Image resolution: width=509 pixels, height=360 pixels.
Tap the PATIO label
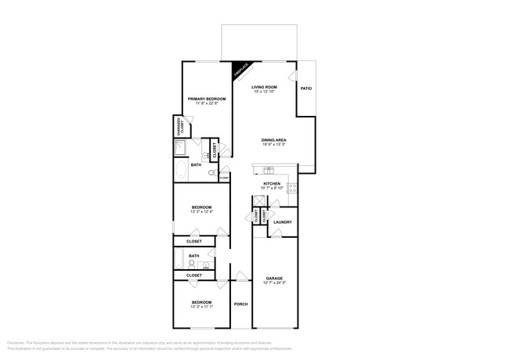[306, 88]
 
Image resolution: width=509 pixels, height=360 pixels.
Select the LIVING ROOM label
[265, 87]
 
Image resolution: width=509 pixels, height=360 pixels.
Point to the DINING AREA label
[273, 140]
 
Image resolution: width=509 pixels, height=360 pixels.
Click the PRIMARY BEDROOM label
[207, 99]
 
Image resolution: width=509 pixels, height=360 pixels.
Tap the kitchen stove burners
[292, 188]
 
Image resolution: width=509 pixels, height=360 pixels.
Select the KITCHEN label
[272, 184]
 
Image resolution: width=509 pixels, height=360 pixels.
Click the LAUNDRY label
[283, 222]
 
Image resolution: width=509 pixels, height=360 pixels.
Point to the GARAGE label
[273, 277]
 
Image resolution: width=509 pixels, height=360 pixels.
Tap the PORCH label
[240, 304]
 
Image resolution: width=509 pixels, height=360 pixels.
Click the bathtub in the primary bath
[179, 168]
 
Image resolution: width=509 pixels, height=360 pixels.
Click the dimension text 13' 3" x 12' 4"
[202, 212]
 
